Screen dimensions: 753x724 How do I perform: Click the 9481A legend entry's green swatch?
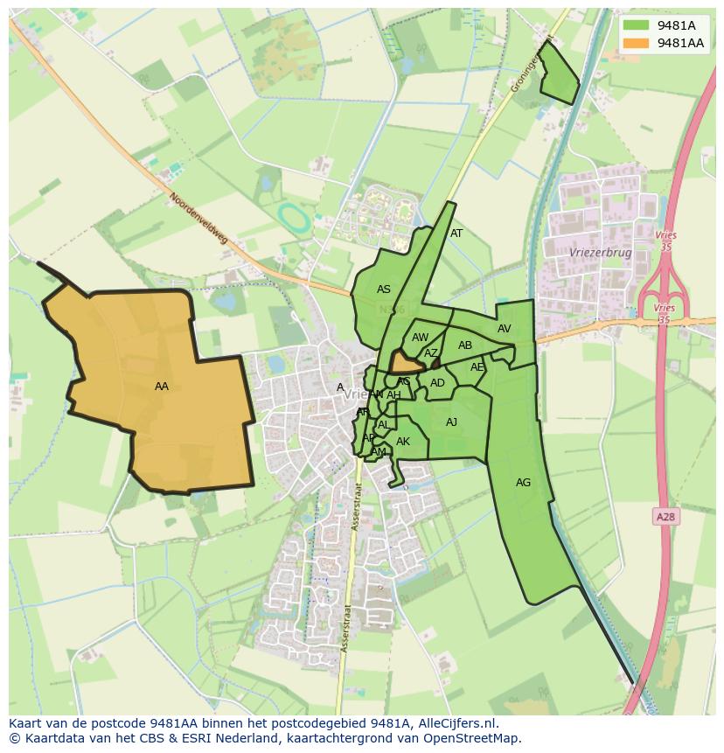point(637,26)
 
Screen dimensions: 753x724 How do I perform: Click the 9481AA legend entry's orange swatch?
point(637,43)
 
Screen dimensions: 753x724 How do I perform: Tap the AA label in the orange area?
point(162,387)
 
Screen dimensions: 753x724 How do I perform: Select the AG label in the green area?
point(523,483)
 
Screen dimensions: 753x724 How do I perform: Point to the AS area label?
point(384,289)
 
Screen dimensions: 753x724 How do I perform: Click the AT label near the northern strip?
point(456,234)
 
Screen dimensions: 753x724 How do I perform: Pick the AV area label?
point(504,329)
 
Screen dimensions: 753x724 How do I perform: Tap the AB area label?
point(465,345)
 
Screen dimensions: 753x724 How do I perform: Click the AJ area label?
point(451,422)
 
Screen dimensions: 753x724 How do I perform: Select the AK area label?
point(403,442)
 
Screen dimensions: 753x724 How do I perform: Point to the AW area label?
point(421,338)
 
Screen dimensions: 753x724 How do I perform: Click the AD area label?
point(437,383)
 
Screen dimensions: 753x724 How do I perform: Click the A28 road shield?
point(665,517)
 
